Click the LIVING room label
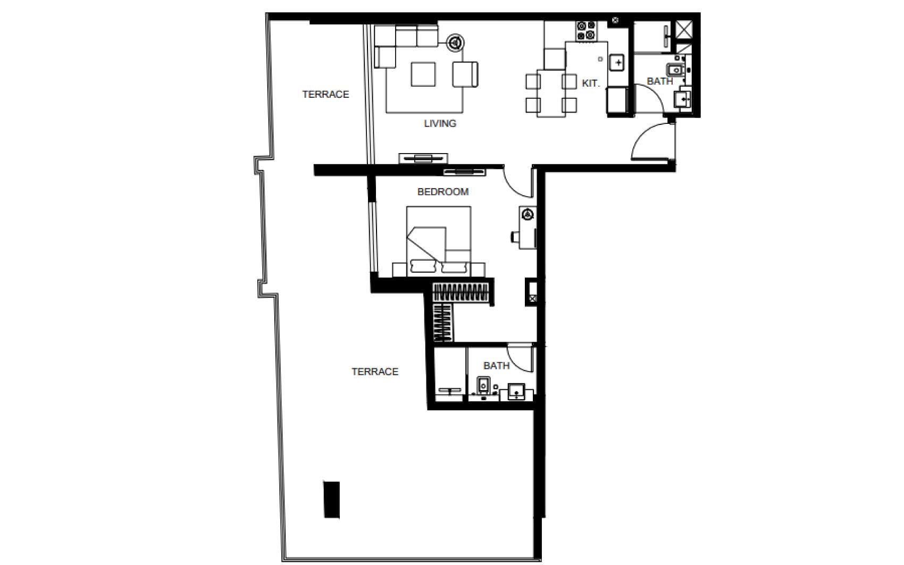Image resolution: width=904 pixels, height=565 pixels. [440, 123]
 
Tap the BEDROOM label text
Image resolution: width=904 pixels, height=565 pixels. [443, 192]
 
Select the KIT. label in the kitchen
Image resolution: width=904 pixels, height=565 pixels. [590, 83]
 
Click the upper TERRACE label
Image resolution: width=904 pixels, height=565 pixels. [325, 95]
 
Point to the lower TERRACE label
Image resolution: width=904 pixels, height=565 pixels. [375, 372]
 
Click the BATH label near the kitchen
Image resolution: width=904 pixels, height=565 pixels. [660, 81]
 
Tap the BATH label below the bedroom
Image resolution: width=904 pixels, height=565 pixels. [496, 366]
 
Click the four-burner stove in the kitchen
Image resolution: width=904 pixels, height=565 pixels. [587, 31]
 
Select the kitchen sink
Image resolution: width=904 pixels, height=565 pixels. [617, 63]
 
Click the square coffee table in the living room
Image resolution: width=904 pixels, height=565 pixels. [423, 74]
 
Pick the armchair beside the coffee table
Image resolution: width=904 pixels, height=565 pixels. [465, 74]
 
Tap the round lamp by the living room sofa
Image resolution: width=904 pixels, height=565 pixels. [455, 42]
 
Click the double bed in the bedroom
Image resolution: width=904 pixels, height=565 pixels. [439, 241]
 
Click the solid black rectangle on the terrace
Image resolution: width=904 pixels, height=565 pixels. [332, 500]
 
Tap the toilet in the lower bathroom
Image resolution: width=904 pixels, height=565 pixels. [483, 386]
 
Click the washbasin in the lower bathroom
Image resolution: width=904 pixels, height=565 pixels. [516, 392]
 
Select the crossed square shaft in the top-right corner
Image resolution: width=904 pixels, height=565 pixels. [684, 30]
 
